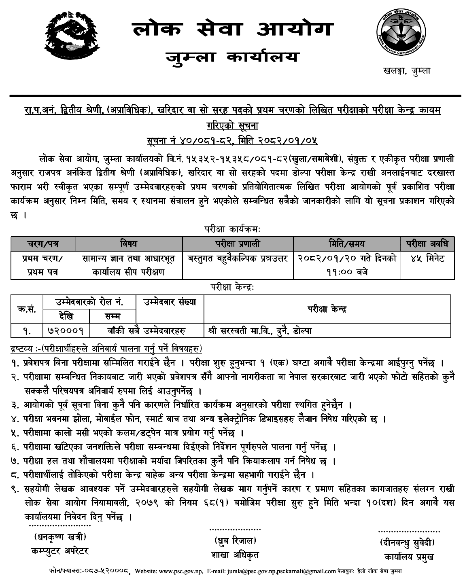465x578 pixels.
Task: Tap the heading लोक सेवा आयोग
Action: point(233,30)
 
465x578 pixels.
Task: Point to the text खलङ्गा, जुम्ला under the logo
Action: point(406,71)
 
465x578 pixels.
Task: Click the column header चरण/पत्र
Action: point(42,243)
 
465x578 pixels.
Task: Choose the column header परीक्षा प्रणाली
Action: point(238,243)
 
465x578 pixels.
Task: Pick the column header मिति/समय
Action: point(346,243)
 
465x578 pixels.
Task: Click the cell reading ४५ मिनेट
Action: point(427,258)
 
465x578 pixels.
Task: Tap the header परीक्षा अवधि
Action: point(427,243)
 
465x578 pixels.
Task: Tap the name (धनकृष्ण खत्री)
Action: point(59,538)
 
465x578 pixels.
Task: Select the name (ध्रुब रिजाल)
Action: point(235,540)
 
